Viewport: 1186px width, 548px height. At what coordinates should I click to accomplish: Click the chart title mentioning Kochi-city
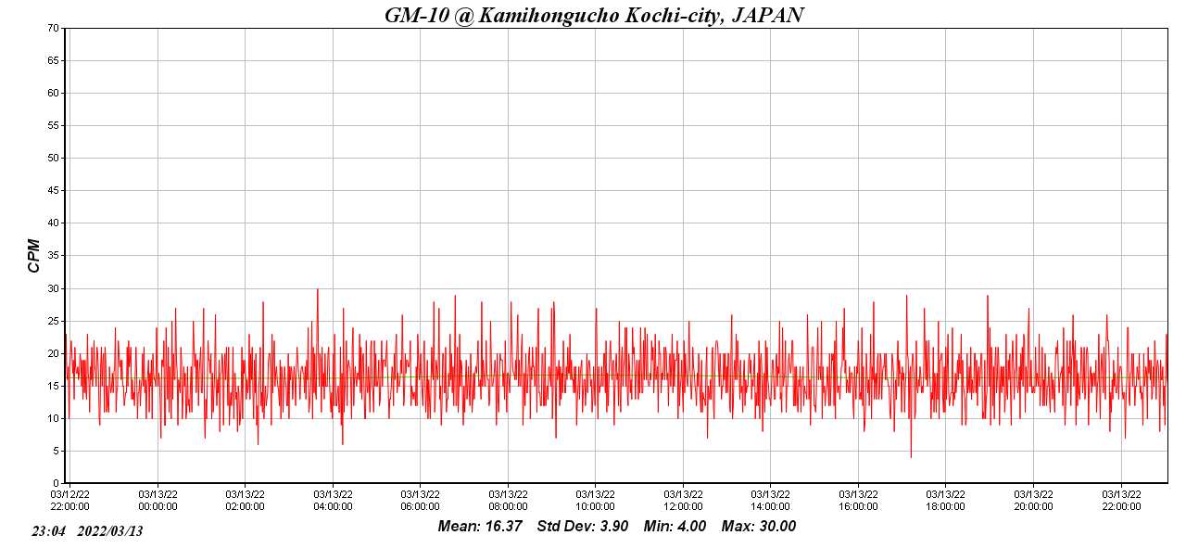(x=594, y=15)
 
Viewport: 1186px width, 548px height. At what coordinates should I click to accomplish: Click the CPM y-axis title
(x=34, y=255)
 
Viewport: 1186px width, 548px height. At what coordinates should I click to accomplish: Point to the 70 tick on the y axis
(x=53, y=28)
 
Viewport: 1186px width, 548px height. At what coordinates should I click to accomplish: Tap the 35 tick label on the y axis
(x=53, y=256)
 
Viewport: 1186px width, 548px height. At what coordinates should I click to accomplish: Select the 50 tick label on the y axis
(x=53, y=158)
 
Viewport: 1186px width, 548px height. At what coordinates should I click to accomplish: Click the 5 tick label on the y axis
(x=56, y=451)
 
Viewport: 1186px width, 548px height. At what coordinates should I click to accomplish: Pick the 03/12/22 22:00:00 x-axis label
(x=69, y=500)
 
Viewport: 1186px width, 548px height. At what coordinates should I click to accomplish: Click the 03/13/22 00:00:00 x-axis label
(x=158, y=500)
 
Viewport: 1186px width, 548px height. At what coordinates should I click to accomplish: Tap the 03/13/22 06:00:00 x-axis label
(x=420, y=500)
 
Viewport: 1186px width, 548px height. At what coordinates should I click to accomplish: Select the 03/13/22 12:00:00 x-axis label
(x=683, y=500)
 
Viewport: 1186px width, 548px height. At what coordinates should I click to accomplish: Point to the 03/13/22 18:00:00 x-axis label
(x=945, y=500)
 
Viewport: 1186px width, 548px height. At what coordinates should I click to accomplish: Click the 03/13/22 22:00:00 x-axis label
(x=1121, y=500)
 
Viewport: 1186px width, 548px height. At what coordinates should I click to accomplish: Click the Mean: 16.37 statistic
(x=480, y=527)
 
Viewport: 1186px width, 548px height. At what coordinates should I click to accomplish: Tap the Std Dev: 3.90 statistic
(x=583, y=527)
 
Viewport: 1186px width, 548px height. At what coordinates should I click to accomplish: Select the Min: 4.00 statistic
(x=675, y=527)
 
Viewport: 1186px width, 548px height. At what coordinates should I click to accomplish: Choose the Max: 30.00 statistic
(x=759, y=527)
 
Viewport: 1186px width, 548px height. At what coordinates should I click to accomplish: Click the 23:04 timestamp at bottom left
(x=48, y=531)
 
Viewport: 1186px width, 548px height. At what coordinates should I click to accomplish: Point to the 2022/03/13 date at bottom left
(x=110, y=531)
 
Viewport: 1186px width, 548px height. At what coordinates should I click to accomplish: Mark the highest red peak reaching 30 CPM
(x=318, y=289)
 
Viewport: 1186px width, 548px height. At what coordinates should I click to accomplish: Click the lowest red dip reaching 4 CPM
(x=911, y=456)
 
